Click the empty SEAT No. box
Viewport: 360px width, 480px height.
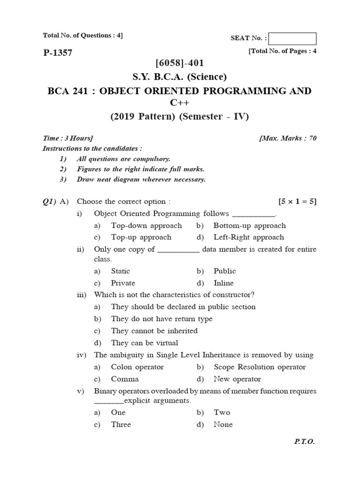(x=293, y=38)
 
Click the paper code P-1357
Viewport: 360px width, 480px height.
(x=58, y=53)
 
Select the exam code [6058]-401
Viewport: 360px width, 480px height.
(x=180, y=63)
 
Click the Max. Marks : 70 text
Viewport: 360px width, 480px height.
(x=288, y=138)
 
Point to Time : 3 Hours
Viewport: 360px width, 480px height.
(x=68, y=138)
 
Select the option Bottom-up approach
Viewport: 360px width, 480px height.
(x=249, y=225)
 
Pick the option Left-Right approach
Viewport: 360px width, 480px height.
(x=248, y=237)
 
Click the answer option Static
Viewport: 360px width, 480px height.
(x=120, y=271)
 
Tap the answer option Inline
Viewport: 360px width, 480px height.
(x=224, y=283)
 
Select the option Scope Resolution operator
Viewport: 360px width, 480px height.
(x=259, y=367)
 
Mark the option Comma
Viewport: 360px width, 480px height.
(x=125, y=379)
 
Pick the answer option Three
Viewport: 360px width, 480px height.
(x=121, y=424)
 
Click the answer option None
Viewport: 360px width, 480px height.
(x=223, y=424)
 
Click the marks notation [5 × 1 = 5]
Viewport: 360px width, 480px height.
(x=297, y=202)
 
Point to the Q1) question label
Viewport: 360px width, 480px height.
(x=49, y=202)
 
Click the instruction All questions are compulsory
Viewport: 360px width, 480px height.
(x=123, y=159)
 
